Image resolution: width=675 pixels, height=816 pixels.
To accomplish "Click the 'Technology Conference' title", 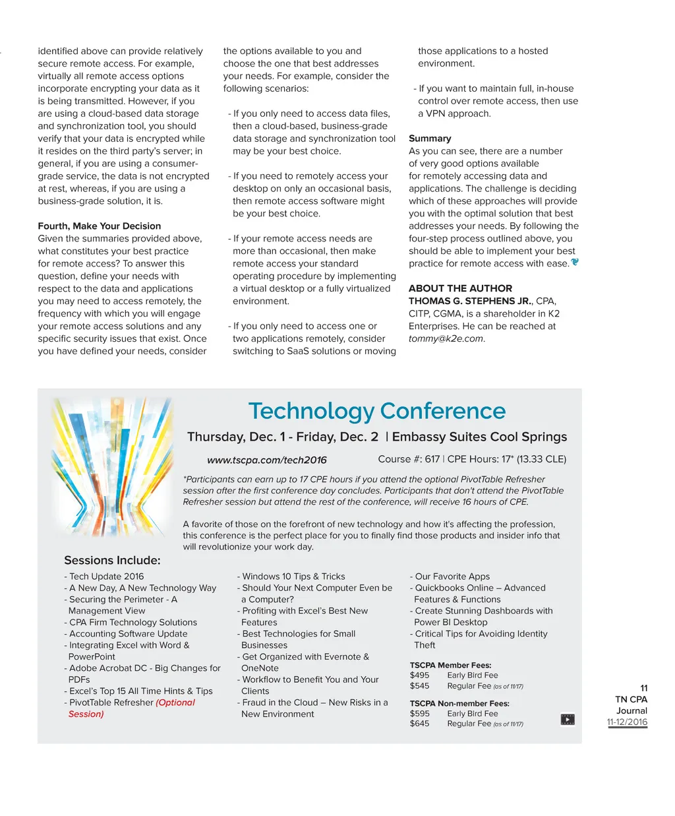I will [376, 411].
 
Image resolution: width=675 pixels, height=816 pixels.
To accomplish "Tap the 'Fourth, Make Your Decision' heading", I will [99, 226].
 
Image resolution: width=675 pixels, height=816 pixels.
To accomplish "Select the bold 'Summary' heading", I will [430, 139].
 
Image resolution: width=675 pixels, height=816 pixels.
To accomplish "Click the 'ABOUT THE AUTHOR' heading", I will [460, 288].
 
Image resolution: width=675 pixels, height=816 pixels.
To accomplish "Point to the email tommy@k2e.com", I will [446, 338].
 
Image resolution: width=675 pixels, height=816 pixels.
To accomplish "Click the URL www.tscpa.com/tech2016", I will [266, 460].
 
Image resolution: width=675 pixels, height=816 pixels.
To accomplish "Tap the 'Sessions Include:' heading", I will [112, 560].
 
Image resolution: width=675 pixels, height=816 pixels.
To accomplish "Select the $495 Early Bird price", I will [419, 675].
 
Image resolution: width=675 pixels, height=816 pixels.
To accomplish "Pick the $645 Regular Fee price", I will [419, 724].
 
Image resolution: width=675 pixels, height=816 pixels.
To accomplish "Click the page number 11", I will [643, 688].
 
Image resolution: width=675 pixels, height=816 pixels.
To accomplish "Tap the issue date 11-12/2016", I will [627, 722].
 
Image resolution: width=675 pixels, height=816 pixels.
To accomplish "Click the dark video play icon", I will [567, 720].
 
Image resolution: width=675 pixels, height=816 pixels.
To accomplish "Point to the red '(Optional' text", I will [175, 703].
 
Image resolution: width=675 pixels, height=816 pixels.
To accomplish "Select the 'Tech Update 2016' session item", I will [106, 577].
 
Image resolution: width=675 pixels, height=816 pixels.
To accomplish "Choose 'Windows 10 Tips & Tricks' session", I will [293, 577].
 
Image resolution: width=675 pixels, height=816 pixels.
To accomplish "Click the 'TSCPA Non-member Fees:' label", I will [459, 703].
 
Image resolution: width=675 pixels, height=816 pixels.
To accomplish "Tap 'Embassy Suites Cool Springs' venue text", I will [479, 437].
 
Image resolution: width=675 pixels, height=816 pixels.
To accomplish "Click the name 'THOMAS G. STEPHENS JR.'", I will [469, 301].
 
